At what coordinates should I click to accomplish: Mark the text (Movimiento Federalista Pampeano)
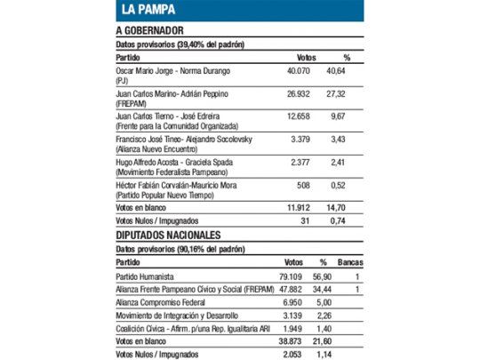168,170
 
